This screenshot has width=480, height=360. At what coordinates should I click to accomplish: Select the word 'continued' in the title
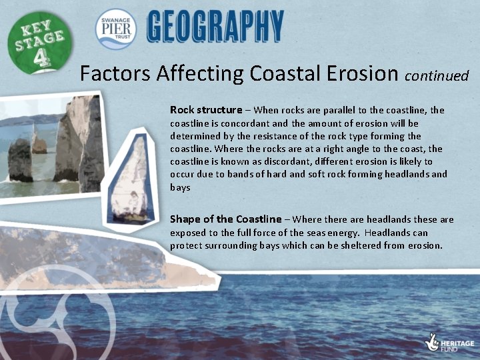coord(437,75)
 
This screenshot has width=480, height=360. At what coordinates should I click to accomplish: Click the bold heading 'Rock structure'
coord(206,110)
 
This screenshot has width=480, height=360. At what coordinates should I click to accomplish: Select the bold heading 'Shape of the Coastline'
coord(226,219)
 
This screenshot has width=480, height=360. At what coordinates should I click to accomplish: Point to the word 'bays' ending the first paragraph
coord(180,187)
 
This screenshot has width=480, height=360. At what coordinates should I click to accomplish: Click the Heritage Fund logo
coord(449,342)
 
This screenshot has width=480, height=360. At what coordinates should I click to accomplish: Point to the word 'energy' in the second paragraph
coord(343,233)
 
